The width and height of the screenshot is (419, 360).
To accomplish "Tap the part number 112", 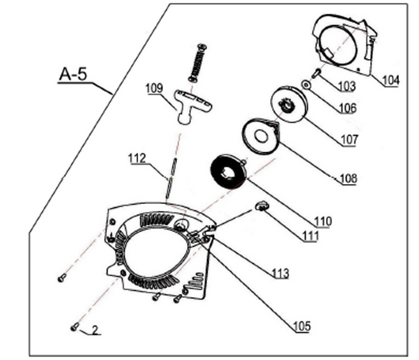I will pos(137,159).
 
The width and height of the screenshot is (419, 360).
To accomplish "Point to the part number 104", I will pos(391,79).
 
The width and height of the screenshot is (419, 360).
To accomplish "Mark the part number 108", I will pos(348,178).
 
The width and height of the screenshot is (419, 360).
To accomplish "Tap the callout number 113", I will pos(280,273).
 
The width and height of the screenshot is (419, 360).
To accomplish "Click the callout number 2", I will pos(95,330).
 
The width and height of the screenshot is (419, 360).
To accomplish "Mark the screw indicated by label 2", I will pos(74,327).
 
